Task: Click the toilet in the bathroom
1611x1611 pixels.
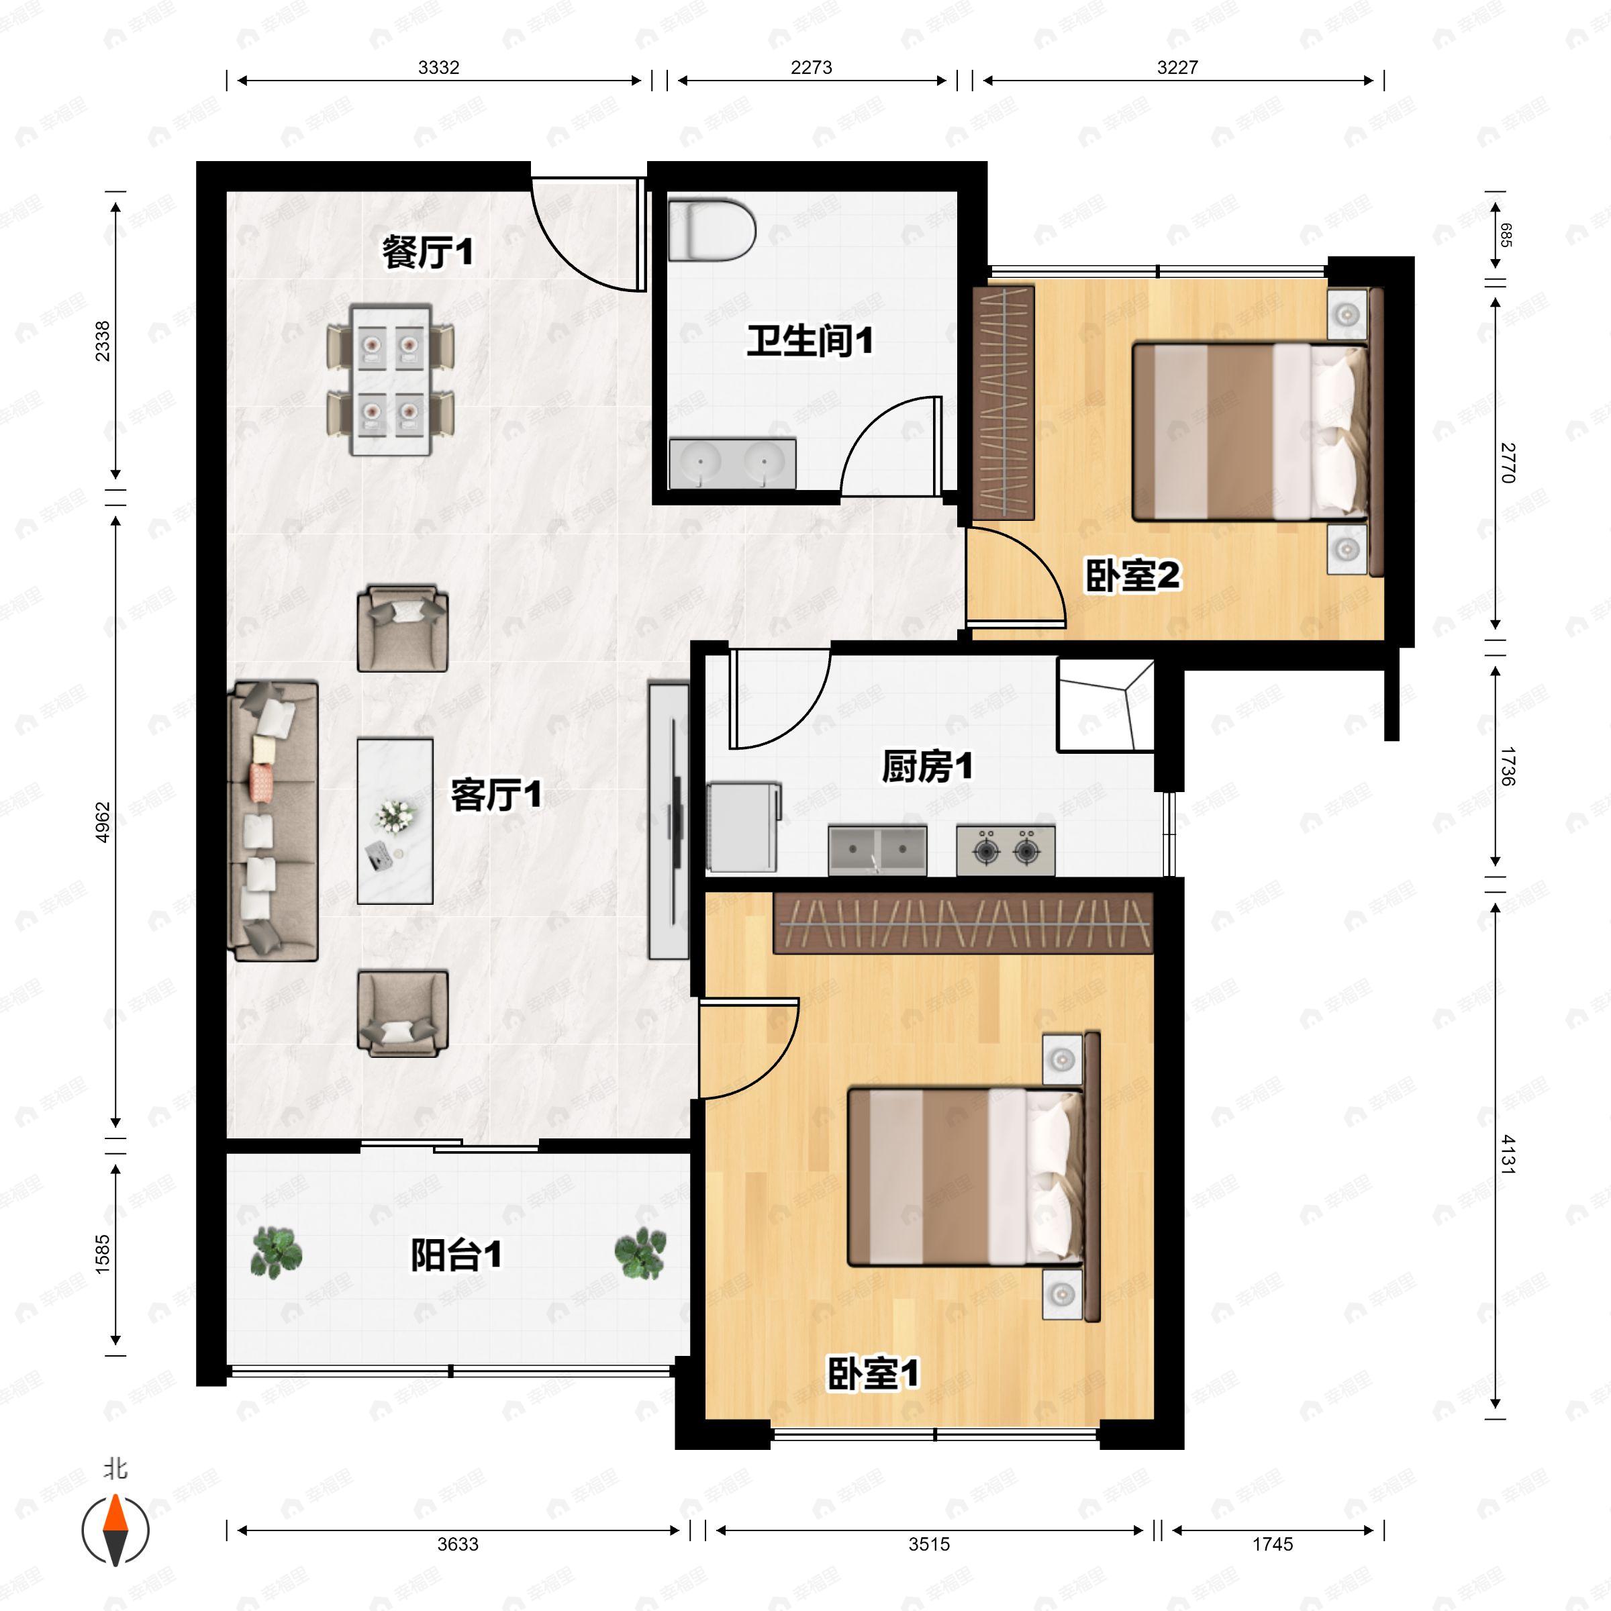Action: click(x=712, y=230)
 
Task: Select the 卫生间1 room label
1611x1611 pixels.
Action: click(x=810, y=342)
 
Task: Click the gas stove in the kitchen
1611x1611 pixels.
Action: click(x=1006, y=850)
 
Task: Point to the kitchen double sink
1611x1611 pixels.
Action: click(x=877, y=850)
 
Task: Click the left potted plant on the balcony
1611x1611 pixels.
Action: click(x=276, y=1253)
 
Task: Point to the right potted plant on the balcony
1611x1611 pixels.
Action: click(x=640, y=1253)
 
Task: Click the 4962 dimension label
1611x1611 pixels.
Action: click(x=103, y=822)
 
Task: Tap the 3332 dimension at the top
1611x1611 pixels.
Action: click(x=438, y=68)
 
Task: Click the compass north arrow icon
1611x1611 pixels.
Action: click(x=115, y=1530)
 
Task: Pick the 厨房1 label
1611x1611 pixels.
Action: click(x=927, y=767)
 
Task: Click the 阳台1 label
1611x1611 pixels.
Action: click(x=456, y=1255)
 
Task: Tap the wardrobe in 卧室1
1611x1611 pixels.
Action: click(x=963, y=923)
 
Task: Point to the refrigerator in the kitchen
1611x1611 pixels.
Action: click(x=744, y=827)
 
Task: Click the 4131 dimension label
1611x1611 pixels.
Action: click(x=1507, y=1154)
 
